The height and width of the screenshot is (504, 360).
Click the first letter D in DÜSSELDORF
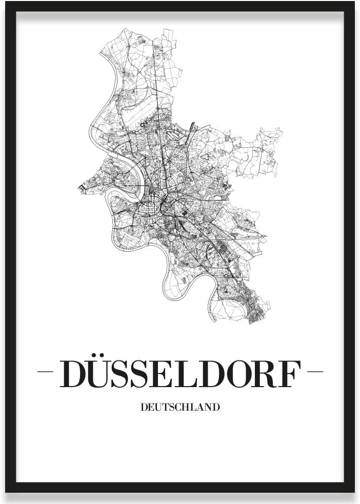(x=73, y=374)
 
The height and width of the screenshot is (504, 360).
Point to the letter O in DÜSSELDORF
(x=236, y=374)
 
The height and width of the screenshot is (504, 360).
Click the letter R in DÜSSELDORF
(x=264, y=374)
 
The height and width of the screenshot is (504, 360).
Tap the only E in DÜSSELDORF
(x=162, y=374)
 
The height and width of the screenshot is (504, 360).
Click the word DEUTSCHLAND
(x=179, y=408)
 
